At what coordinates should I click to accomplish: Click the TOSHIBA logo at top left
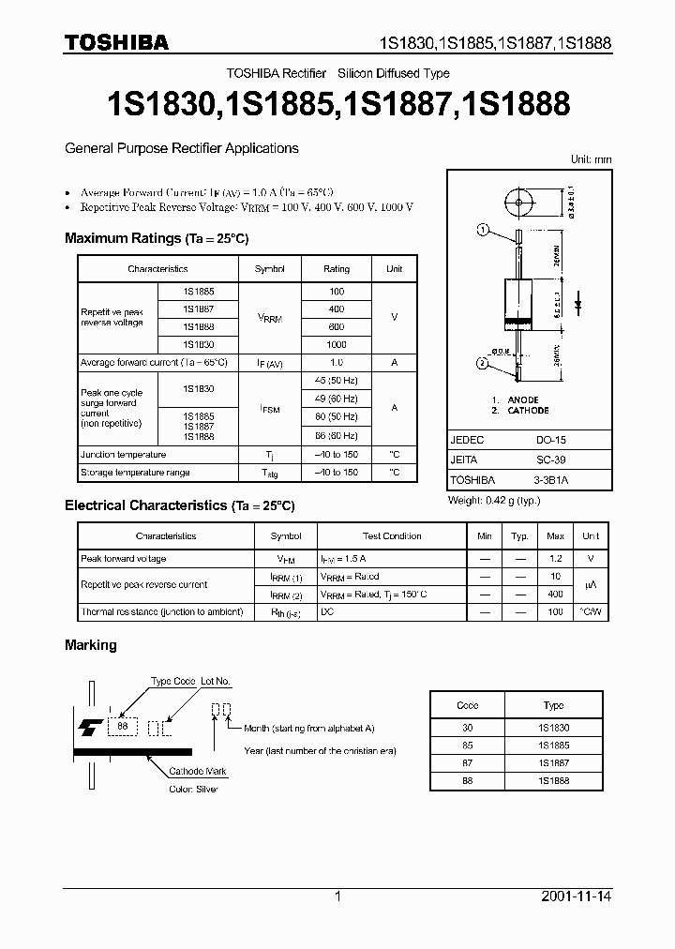[116, 41]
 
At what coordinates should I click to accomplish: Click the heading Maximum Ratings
[122, 239]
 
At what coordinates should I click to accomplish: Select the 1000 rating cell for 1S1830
[337, 344]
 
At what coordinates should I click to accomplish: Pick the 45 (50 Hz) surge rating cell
[337, 380]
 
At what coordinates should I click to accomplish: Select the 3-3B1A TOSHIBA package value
[550, 478]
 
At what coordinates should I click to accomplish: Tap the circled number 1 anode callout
[483, 229]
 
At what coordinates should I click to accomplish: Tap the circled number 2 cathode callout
[483, 363]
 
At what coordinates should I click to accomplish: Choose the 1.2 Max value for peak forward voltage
[555, 559]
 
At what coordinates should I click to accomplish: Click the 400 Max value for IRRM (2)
[555, 595]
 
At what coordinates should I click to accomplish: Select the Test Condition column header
[392, 536]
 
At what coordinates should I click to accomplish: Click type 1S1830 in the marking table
[553, 728]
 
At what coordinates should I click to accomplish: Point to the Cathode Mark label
[198, 772]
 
